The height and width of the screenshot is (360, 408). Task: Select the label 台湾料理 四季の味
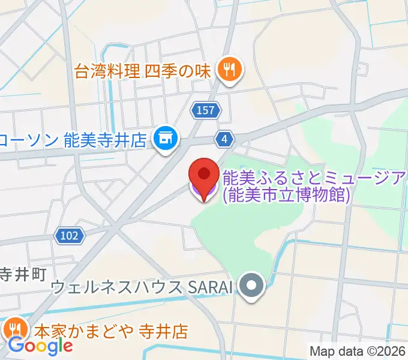pos(143,71)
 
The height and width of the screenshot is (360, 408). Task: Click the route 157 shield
pos(206,110)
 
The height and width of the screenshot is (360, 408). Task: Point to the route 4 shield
pos(224,139)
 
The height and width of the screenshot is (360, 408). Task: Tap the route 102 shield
pos(69,236)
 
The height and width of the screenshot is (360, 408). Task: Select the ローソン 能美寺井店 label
pos(73,140)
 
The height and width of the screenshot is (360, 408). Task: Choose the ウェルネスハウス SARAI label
pos(142,287)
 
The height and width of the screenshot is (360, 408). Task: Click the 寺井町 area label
pos(23,275)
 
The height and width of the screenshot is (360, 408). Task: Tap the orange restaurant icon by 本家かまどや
pos(14,329)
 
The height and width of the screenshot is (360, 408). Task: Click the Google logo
pos(41,346)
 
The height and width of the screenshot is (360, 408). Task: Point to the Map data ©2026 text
pos(358,351)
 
